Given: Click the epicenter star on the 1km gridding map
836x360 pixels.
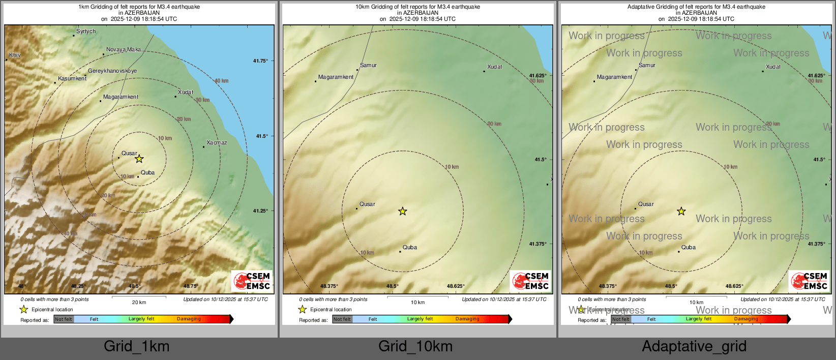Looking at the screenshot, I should click(x=139, y=159).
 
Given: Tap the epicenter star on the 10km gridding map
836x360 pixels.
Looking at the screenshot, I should click(x=403, y=211).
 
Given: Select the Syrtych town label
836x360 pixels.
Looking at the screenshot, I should click(x=86, y=32).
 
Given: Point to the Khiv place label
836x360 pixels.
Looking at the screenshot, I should click(x=15, y=55).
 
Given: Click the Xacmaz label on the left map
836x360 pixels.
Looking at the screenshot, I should click(x=217, y=143).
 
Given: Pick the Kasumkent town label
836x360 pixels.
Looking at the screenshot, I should click(x=72, y=79).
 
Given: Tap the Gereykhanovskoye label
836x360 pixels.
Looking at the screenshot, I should click(x=112, y=71).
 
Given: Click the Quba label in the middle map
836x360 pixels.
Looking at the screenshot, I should click(x=410, y=248).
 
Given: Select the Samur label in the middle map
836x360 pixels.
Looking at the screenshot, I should click(x=368, y=66).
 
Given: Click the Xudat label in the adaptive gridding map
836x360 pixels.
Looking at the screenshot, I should click(x=773, y=67).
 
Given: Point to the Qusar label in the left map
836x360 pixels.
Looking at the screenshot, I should click(x=129, y=154).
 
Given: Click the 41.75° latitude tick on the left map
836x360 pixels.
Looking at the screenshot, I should click(x=260, y=61).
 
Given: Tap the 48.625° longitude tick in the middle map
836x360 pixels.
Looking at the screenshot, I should click(x=456, y=286).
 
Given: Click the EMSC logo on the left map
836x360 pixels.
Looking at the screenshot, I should click(x=252, y=281).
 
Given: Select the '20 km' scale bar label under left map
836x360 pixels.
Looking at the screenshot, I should click(x=139, y=303).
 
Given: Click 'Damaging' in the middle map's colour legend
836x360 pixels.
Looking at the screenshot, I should click(x=467, y=319).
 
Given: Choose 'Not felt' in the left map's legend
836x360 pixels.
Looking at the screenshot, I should click(x=64, y=319).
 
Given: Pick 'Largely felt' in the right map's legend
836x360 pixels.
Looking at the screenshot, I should click(x=699, y=319).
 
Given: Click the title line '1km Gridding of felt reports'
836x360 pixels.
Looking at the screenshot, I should click(x=139, y=7).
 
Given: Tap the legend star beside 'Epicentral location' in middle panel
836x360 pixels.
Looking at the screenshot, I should click(x=303, y=309).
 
